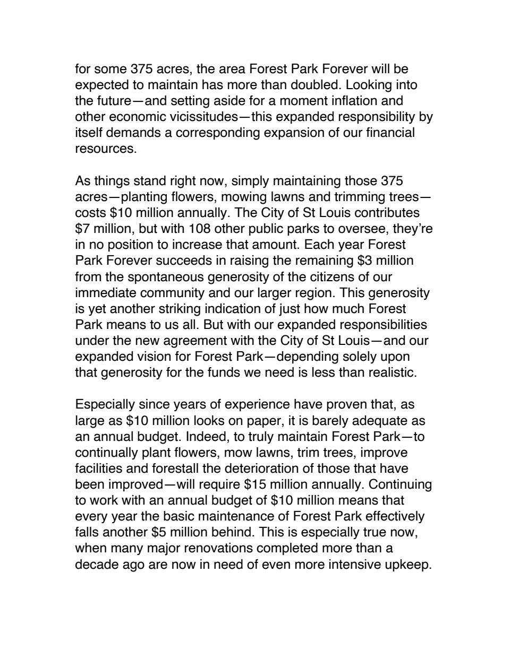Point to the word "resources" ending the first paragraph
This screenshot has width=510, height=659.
tap(104, 149)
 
